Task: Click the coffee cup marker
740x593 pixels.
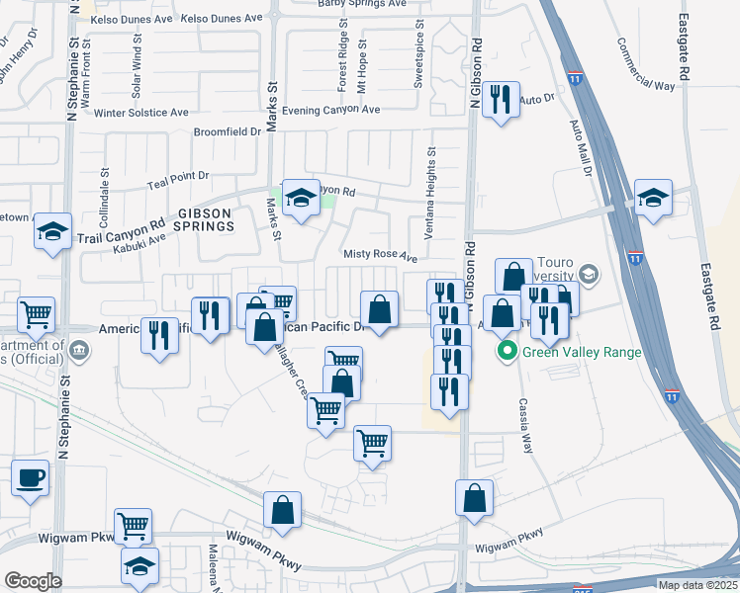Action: point(30,476)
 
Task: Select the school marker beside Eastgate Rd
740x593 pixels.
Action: point(653,198)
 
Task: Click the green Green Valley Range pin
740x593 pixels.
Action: point(509,351)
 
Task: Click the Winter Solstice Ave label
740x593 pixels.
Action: point(141,113)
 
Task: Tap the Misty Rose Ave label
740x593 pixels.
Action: point(380,254)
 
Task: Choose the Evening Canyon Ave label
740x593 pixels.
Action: point(330,110)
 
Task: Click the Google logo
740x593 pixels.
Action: point(33,581)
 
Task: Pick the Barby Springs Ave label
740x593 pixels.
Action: point(363,4)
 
